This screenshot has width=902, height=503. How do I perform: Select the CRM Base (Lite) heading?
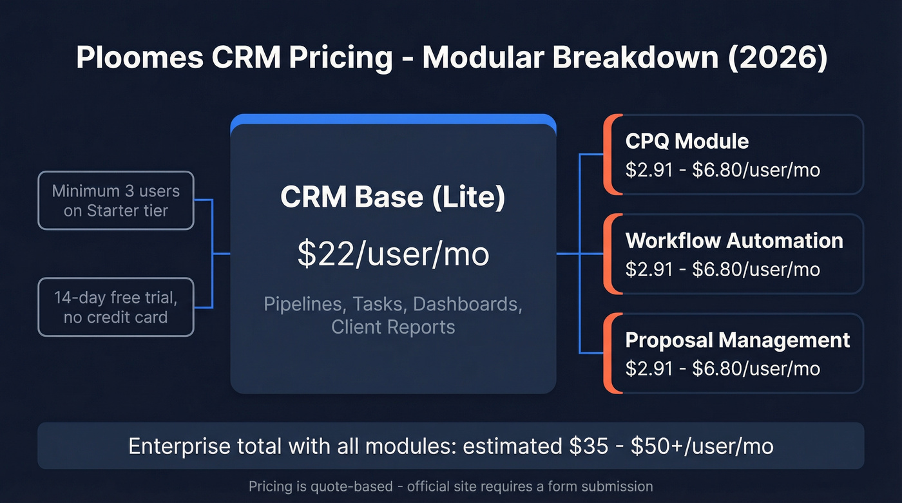tap(392, 198)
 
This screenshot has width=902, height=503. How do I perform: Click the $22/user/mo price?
tap(392, 254)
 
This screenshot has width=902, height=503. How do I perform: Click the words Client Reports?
tap(392, 327)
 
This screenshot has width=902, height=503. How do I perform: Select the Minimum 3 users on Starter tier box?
tap(116, 200)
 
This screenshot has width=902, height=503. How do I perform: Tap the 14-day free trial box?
tap(116, 307)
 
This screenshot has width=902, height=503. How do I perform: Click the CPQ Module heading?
tap(687, 142)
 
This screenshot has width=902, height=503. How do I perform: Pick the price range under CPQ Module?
tap(722, 169)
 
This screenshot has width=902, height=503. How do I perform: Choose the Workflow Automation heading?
tap(734, 241)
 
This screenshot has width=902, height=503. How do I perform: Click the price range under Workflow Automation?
tap(722, 269)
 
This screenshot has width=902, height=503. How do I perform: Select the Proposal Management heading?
tap(738, 340)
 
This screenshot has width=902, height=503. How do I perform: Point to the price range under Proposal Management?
tap(722, 368)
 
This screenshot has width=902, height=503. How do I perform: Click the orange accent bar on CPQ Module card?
tap(608, 155)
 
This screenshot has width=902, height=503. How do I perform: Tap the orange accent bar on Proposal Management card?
tap(608, 353)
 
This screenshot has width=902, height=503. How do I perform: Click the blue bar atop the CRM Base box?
tap(392, 119)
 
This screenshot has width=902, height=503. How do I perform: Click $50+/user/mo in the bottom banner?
tap(702, 446)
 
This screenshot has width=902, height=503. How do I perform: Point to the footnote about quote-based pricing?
tap(450, 486)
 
